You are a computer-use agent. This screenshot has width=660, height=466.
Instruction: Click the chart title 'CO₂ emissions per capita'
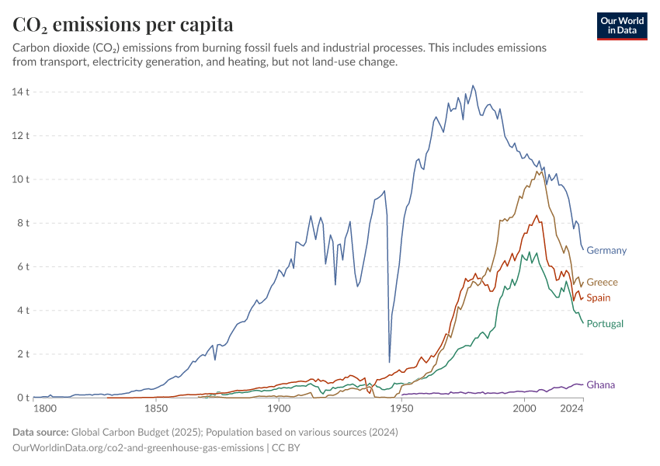123,25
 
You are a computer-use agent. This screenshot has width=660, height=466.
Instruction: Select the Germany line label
606,250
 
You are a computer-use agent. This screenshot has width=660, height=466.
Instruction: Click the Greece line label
602,282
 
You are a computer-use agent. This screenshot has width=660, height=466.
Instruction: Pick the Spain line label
599,297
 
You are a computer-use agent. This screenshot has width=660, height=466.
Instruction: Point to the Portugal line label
605,323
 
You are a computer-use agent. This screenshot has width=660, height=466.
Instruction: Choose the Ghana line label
600,384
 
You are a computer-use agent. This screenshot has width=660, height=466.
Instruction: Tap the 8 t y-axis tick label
22,223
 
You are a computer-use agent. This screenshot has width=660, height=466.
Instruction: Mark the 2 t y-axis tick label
22,354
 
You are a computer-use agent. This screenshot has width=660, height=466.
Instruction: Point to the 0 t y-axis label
22,398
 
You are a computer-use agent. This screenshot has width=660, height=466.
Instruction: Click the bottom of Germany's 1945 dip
389,362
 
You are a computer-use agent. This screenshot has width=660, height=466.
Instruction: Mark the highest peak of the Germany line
474,85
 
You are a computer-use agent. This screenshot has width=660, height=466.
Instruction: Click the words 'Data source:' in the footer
40,432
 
